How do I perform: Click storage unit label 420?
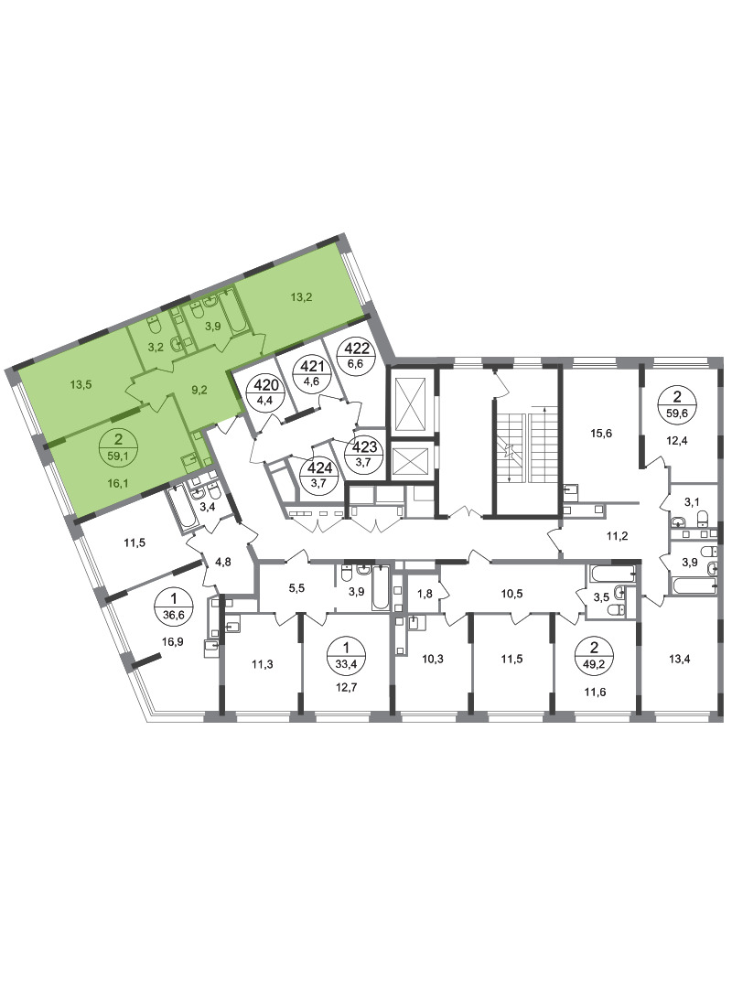click(265, 393)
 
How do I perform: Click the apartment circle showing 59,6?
click(678, 404)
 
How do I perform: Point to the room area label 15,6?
click(601, 434)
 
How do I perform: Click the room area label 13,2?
click(301, 297)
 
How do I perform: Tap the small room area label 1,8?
click(425, 593)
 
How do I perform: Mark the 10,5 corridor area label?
click(511, 594)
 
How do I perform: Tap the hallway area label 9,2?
click(199, 390)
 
